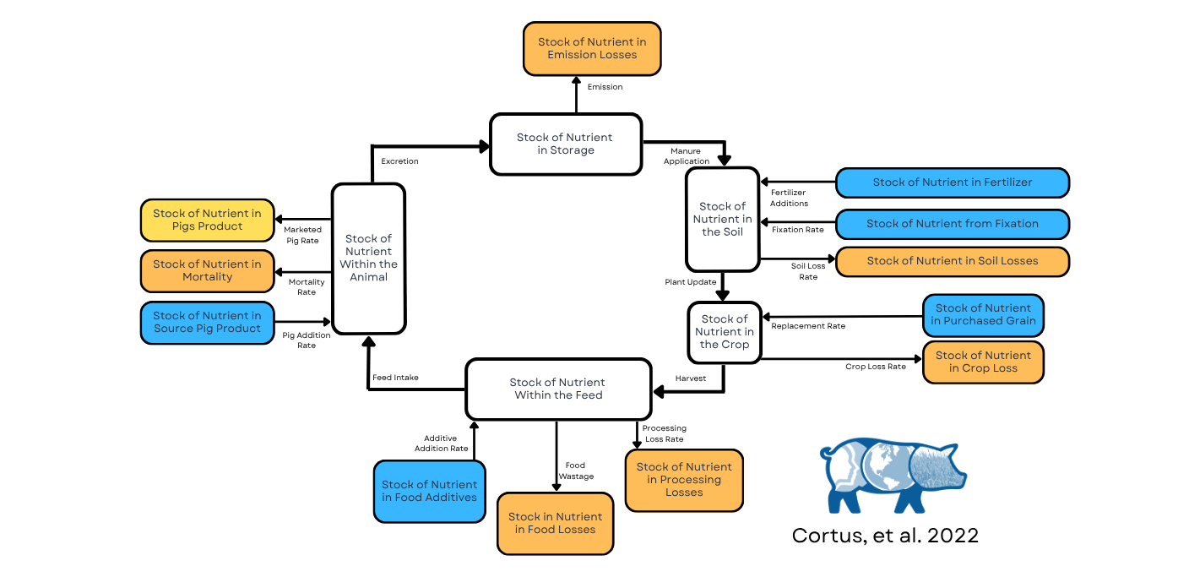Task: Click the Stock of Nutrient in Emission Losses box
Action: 592,49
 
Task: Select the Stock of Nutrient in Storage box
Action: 566,144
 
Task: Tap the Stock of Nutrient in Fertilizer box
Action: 952,182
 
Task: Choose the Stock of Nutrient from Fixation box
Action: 952,224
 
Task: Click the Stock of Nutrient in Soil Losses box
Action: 952,261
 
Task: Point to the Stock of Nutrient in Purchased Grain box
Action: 983,315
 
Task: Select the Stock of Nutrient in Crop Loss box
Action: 983,362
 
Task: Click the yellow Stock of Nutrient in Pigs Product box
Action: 207,220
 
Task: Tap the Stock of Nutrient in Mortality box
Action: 207,271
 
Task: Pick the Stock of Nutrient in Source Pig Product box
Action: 207,323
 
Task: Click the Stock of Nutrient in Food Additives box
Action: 429,492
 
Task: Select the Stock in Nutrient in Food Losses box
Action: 555,524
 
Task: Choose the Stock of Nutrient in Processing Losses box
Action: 684,480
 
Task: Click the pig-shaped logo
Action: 893,475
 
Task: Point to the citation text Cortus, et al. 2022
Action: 885,536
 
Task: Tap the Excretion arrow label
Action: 399,161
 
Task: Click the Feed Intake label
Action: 395,378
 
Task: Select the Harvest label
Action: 690,378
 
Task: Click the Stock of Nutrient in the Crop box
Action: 724,332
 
